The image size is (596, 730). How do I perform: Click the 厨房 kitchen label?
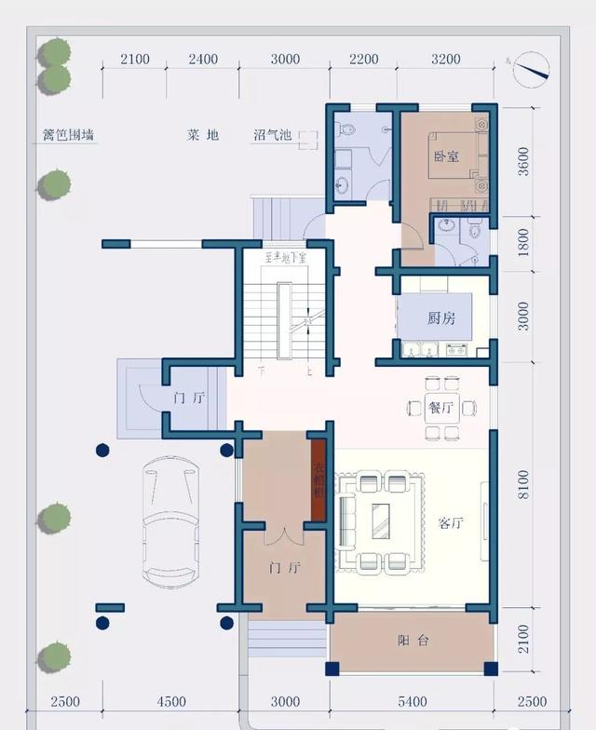click(441, 318)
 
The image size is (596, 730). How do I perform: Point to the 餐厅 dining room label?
click(440, 407)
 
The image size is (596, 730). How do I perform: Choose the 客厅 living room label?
click(451, 523)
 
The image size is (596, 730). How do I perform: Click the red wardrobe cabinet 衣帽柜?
click(318, 479)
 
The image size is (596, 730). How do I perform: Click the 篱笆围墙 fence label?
click(68, 135)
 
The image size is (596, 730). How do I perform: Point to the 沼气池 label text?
click(273, 135)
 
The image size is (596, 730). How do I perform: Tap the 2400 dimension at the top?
click(202, 60)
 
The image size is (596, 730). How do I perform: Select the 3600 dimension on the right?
click(522, 161)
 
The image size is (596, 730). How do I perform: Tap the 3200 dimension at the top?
click(445, 60)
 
